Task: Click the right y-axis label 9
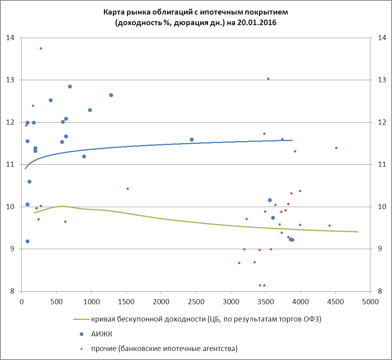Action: point(379,249)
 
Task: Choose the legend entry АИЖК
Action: point(99,334)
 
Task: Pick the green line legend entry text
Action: point(206,319)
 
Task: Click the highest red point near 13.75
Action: point(41,48)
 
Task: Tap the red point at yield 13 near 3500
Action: point(268,79)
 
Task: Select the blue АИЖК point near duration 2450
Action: point(192,140)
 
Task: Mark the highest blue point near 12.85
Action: point(70,86)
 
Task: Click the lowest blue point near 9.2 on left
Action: point(27,241)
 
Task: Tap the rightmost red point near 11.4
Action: point(336,148)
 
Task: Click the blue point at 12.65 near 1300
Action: point(111,95)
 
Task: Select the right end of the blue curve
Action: point(293,140)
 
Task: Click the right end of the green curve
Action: point(358,232)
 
